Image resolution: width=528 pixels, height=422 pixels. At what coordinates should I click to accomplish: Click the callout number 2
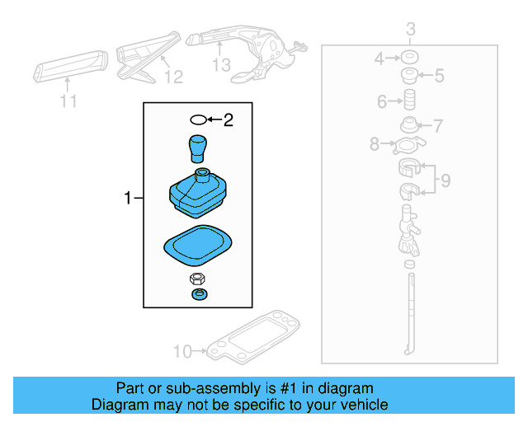point(228,121)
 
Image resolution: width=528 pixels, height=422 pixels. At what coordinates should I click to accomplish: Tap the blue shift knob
point(198,148)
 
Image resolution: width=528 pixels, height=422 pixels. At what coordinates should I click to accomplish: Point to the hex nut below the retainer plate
point(197,279)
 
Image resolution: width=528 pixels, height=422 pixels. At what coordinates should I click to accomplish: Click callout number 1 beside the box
point(128,198)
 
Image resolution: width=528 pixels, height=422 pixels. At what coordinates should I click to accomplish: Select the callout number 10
point(181,352)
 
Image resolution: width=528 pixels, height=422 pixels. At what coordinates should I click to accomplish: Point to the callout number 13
point(221,65)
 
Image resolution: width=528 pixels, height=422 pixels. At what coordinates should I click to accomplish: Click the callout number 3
point(410,31)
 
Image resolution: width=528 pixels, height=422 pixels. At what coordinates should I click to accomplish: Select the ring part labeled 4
point(408,59)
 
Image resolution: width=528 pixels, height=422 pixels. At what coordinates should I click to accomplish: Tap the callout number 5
point(438,77)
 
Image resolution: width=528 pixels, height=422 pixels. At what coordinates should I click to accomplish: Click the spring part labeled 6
point(408,102)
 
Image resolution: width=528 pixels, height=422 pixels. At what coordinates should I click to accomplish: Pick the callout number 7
point(438,126)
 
